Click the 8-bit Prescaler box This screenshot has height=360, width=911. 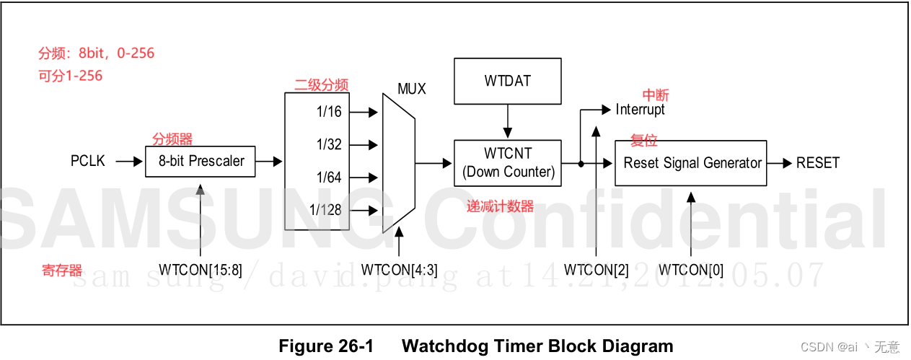(x=201, y=161)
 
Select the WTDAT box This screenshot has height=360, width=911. (x=508, y=81)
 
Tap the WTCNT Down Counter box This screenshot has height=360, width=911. (x=508, y=162)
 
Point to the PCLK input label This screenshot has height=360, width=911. (x=88, y=161)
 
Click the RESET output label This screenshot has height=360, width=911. (x=818, y=162)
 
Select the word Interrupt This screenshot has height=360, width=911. (x=641, y=110)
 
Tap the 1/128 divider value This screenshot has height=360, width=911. (x=325, y=210)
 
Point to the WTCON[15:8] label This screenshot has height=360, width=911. (x=201, y=270)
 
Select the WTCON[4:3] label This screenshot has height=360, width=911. (x=400, y=270)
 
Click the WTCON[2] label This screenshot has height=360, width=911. (x=597, y=270)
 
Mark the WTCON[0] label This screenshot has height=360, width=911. (x=692, y=270)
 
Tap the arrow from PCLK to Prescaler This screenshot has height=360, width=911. (x=129, y=162)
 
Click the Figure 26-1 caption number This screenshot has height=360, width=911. (x=326, y=346)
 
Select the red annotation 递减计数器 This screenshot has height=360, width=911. (x=501, y=207)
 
